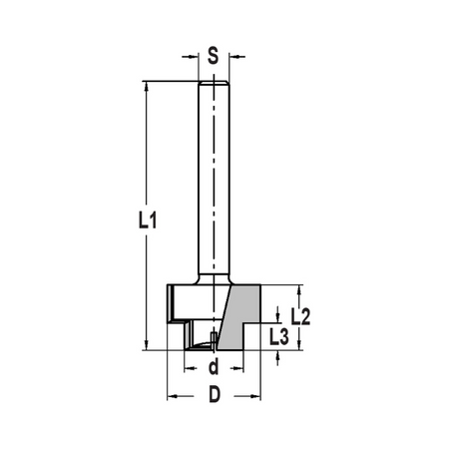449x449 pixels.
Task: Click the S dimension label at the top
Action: [x=213, y=56]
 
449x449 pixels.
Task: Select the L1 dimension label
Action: [x=148, y=221]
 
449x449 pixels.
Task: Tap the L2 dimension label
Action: [x=300, y=316]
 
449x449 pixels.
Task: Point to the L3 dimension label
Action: [x=279, y=337]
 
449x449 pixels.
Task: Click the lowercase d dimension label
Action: [x=214, y=366]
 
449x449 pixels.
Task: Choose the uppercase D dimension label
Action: [x=215, y=395]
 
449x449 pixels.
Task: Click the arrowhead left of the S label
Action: [x=194, y=57]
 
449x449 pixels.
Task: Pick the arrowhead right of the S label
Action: [x=234, y=57]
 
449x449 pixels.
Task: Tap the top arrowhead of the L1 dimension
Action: [x=146, y=87]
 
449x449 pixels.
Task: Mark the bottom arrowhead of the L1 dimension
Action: [x=146, y=345]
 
